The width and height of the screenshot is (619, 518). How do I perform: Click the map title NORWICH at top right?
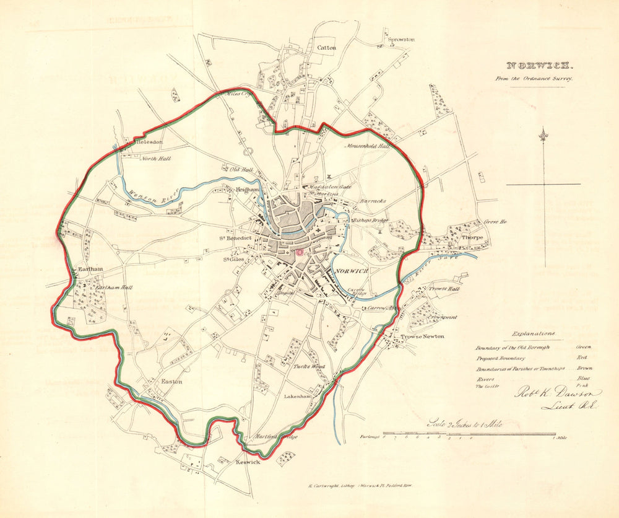pyautogui.click(x=541, y=65)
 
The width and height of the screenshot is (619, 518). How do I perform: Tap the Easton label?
pyautogui.click(x=171, y=382)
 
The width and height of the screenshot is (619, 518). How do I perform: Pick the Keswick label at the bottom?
pyautogui.click(x=248, y=462)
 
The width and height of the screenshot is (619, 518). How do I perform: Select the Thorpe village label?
pyautogui.click(x=472, y=237)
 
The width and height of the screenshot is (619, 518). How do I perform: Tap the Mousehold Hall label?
pyautogui.click(x=368, y=146)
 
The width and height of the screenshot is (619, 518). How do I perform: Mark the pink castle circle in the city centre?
pyautogui.click(x=300, y=252)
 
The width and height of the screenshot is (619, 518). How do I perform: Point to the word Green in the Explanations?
pyautogui.click(x=583, y=348)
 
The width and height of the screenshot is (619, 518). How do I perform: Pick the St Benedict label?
pyautogui.click(x=233, y=238)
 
